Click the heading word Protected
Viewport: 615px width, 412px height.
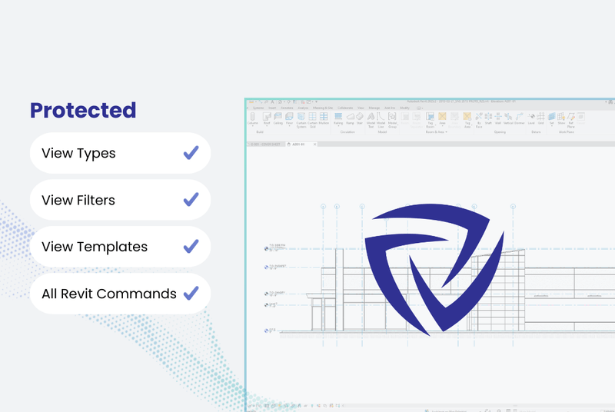[x=83, y=110]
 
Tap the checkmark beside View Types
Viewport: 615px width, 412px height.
[x=191, y=153]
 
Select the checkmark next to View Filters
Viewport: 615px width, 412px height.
[x=191, y=200]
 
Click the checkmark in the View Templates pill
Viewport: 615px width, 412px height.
[x=191, y=247]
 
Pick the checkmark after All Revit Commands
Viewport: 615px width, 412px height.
[x=191, y=294]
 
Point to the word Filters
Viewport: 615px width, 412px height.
[x=95, y=200]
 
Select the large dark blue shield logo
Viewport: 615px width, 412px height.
[x=433, y=268]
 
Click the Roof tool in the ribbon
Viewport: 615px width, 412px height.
[x=267, y=118]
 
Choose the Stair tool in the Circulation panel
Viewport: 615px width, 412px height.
[x=360, y=118]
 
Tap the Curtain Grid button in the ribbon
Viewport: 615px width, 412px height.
[x=312, y=118]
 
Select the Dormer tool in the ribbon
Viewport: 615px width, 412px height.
[x=519, y=118]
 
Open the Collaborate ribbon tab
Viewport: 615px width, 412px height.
[x=344, y=108]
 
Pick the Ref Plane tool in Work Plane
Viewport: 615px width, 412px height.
[x=571, y=118]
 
